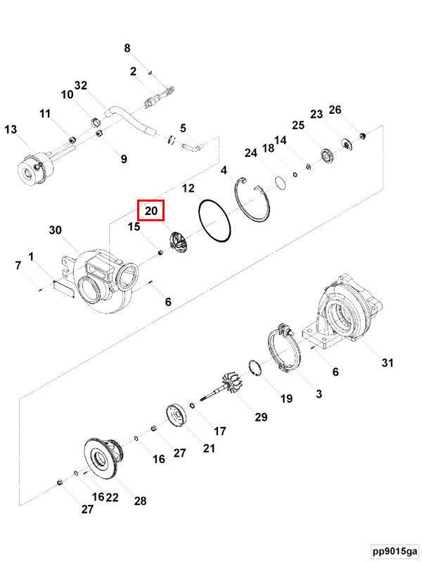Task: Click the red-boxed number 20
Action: pyautogui.click(x=151, y=210)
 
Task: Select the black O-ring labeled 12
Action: pyautogui.click(x=215, y=221)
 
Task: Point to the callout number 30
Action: pyautogui.click(x=56, y=230)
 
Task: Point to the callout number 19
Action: pyautogui.click(x=286, y=398)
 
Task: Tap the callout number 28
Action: pyautogui.click(x=141, y=500)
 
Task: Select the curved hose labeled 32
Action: pyautogui.click(x=130, y=117)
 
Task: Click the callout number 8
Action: pyautogui.click(x=127, y=48)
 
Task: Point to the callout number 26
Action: pyautogui.click(x=335, y=110)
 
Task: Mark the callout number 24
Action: pyautogui.click(x=252, y=153)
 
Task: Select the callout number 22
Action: pyautogui.click(x=112, y=497)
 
